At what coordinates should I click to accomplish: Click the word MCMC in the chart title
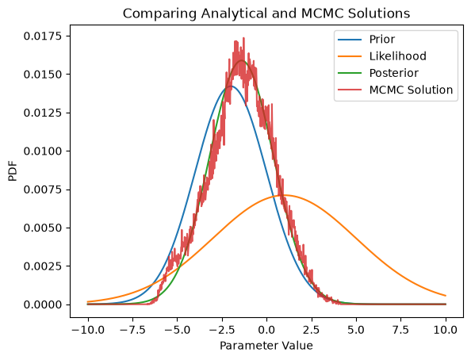click(320, 13)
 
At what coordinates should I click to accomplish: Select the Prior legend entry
click(366, 40)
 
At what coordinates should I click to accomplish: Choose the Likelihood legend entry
click(382, 56)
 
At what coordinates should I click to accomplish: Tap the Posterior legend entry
click(378, 73)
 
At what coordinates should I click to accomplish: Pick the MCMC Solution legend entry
click(396, 90)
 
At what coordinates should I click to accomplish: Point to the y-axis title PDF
click(13, 171)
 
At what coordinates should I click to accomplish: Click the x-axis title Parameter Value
click(266, 346)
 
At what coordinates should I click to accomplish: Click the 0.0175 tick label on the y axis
click(43, 36)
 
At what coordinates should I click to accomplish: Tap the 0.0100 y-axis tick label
click(43, 151)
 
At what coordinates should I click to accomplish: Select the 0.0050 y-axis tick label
click(43, 228)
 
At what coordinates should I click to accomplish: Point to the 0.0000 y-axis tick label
click(43, 304)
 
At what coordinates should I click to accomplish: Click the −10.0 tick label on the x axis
click(88, 330)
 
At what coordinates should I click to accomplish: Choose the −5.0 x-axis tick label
click(178, 330)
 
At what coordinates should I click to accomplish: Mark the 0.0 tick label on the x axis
click(266, 330)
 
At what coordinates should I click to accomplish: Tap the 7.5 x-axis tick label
click(401, 330)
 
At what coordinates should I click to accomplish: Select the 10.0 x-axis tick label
click(446, 330)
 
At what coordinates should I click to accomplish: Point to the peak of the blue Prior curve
click(230, 86)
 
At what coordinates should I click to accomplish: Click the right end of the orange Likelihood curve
click(446, 296)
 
